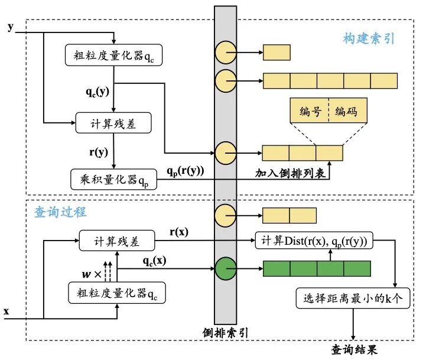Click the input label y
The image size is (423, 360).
coord(10,27)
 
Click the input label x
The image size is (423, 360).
coord(7,310)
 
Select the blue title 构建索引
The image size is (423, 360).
coord(369,39)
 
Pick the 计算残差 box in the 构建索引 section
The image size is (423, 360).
coord(113,124)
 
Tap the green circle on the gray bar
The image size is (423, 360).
coord(227,269)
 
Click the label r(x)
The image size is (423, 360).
coord(180,232)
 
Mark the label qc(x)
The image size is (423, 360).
coord(154,261)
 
